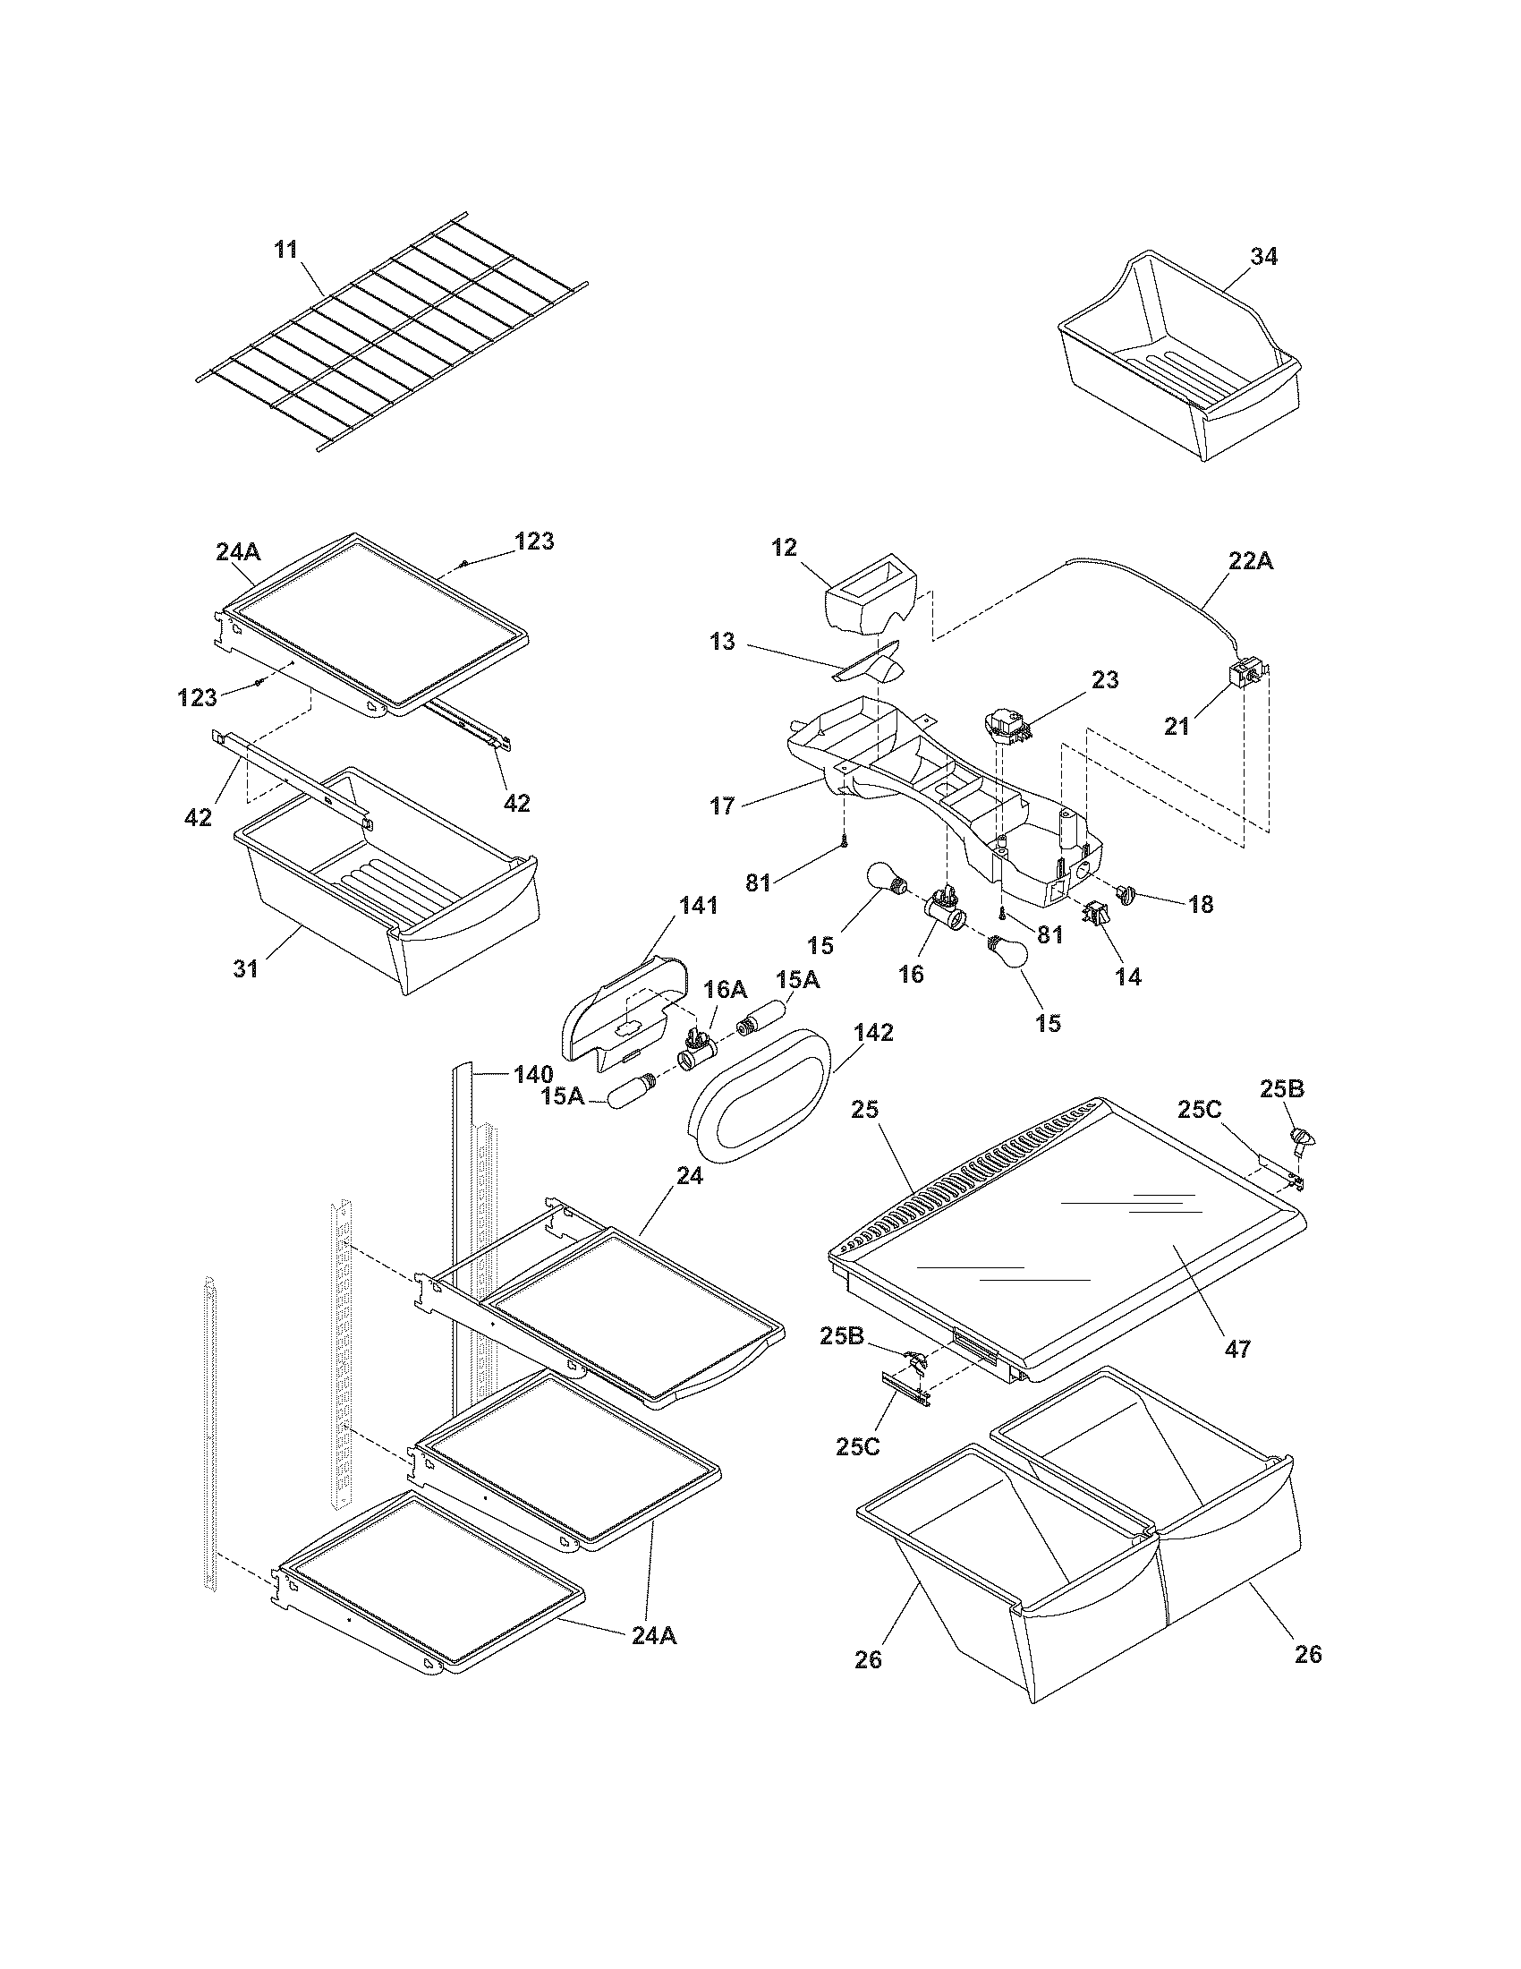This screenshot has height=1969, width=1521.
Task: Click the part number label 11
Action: pyautogui.click(x=286, y=250)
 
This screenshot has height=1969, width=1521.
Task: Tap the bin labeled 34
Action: pyautogui.click(x=1180, y=361)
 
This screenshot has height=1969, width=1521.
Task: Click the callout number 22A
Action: pyautogui.click(x=1251, y=561)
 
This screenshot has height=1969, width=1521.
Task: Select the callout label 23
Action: pyautogui.click(x=1105, y=680)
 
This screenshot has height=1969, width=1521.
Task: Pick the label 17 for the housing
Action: pyautogui.click(x=723, y=805)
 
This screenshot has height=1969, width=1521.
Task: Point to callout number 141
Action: pyautogui.click(x=699, y=906)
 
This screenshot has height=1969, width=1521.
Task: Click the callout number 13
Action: pyautogui.click(x=723, y=642)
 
